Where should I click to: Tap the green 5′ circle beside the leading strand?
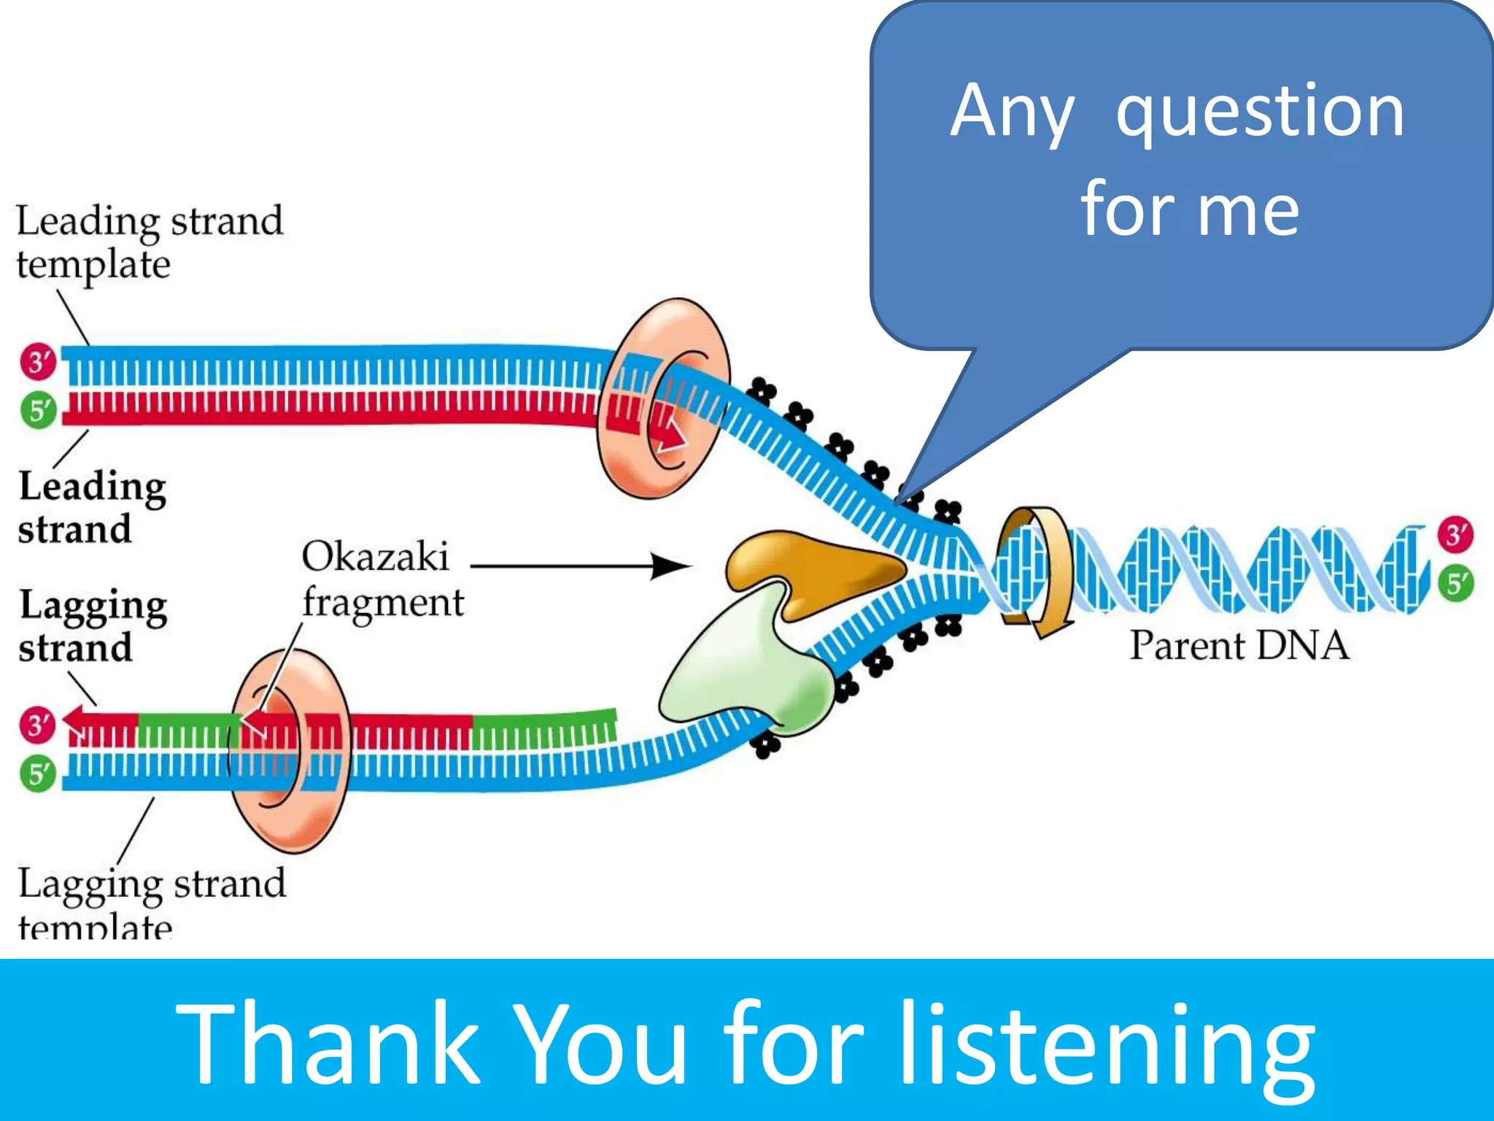[38, 410]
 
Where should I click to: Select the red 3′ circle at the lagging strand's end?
[38, 725]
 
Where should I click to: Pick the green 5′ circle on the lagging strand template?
[38, 774]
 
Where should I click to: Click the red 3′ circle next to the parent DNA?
[1455, 534]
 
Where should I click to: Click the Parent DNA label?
[1239, 646]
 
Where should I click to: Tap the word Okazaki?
[375, 557]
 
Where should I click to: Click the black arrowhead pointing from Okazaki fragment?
[669, 566]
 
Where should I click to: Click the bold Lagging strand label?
[93, 626]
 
